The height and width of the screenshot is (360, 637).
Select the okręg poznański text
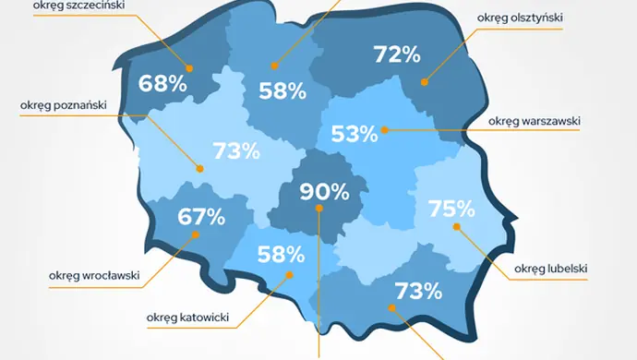point(63,104)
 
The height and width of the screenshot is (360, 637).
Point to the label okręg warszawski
point(533,121)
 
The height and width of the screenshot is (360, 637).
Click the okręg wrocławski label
point(94,274)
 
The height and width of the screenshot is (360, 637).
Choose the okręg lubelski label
point(551,269)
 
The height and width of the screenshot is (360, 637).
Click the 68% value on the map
point(163,84)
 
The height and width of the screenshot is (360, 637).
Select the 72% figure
point(398,54)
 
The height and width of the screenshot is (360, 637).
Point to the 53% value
point(355,134)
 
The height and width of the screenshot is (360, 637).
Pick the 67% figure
point(201,217)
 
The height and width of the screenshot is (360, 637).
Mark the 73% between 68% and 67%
point(237,150)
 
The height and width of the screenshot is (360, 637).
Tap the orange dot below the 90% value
point(318,209)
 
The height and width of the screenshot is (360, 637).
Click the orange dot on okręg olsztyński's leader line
point(425,82)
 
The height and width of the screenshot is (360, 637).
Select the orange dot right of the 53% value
point(385,130)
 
